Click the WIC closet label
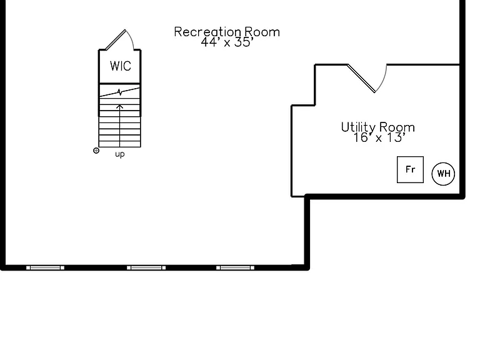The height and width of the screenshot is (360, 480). pos(120,66)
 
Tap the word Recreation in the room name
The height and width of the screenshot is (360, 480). pos(207,32)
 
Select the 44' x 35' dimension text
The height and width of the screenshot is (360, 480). pos(227,42)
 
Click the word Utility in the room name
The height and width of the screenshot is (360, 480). pos(358,127)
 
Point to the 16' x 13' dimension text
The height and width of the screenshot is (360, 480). pos(379,137)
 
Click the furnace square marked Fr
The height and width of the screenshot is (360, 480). pos(410,169)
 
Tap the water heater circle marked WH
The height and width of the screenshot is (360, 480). pos(443,174)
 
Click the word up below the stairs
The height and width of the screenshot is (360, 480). pos(120,154)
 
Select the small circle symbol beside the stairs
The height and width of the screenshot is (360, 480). pos(96,151)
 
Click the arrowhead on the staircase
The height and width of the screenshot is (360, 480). pos(120,107)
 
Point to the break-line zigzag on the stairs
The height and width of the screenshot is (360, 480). pos(120,92)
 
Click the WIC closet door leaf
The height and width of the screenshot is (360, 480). pos(116,40)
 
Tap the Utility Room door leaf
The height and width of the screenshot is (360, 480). pos(361,78)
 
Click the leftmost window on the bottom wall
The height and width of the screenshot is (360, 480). pos(45,268)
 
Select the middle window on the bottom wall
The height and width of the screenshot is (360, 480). pos(146,268)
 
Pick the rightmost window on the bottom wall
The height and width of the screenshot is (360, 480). pos(235,268)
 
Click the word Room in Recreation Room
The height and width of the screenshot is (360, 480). pos(262,32)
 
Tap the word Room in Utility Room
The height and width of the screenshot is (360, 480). pos(397,127)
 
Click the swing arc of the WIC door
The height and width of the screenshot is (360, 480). pos(132,38)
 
